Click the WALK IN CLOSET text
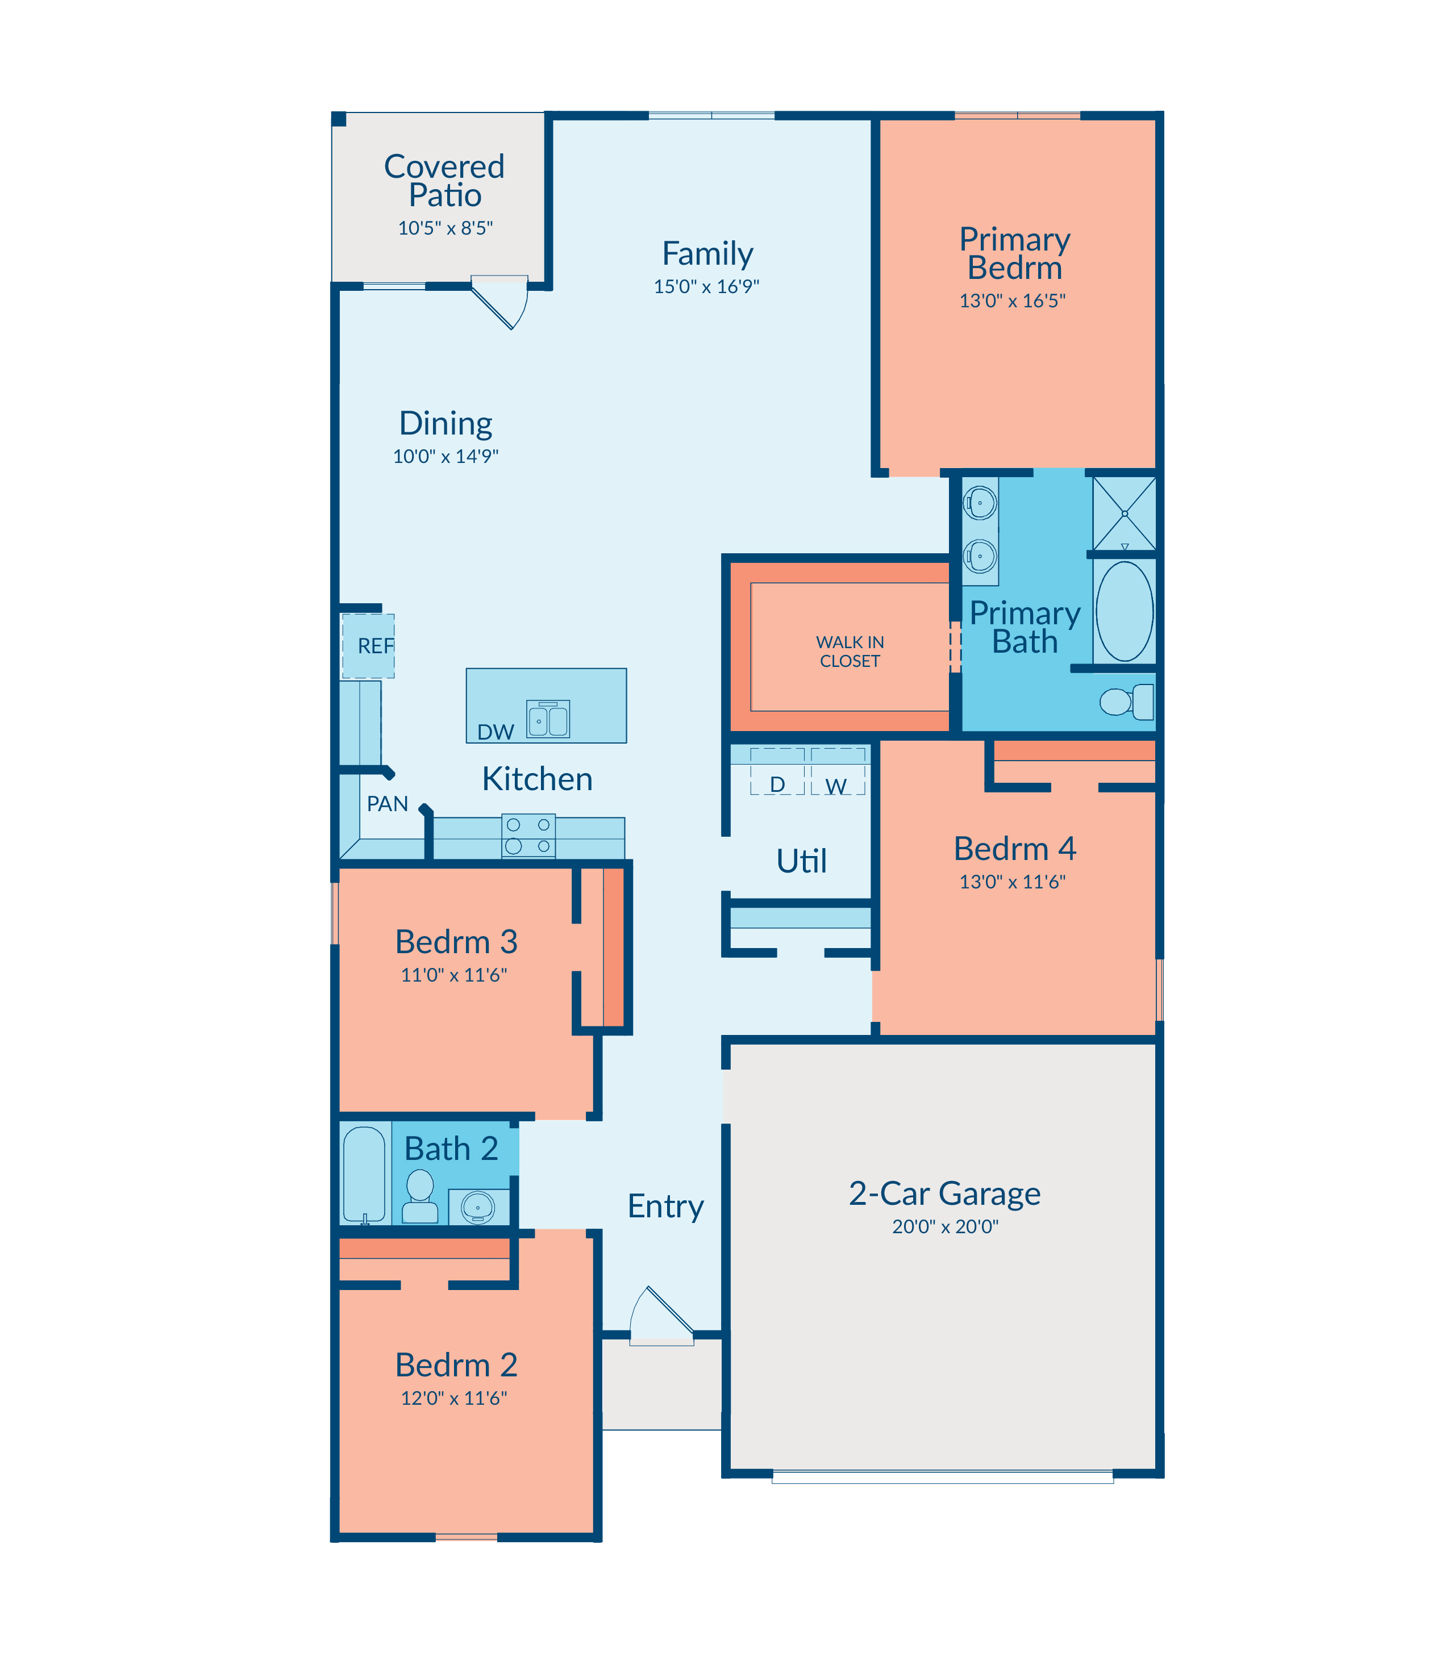coord(850,651)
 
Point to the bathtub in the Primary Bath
coord(1124,611)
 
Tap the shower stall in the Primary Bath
coord(1124,514)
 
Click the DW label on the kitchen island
coord(495,732)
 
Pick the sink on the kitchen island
coord(548,719)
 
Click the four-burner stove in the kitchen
coord(528,836)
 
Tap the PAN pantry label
coord(388,803)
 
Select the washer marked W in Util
coord(838,772)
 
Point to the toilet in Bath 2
coord(420,1197)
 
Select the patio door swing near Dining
coord(499,302)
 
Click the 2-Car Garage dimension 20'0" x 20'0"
coord(945,1226)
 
